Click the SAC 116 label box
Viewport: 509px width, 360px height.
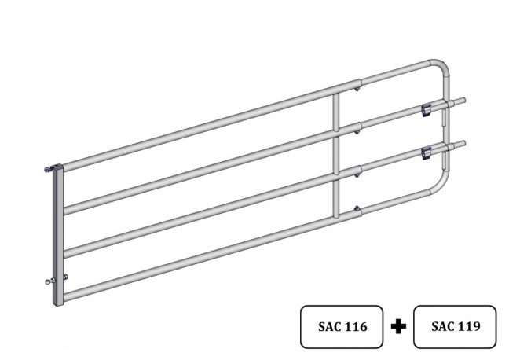[342, 326]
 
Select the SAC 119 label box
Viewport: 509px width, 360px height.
[455, 326]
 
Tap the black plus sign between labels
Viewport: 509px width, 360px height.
[398, 326]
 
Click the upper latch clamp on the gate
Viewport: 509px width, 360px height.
[427, 111]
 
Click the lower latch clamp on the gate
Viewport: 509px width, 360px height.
[427, 154]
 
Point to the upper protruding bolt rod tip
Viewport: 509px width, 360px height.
[463, 100]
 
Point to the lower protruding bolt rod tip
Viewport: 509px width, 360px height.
[463, 143]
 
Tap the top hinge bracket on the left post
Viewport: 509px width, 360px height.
[53, 168]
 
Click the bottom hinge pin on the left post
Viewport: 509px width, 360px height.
[49, 281]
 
